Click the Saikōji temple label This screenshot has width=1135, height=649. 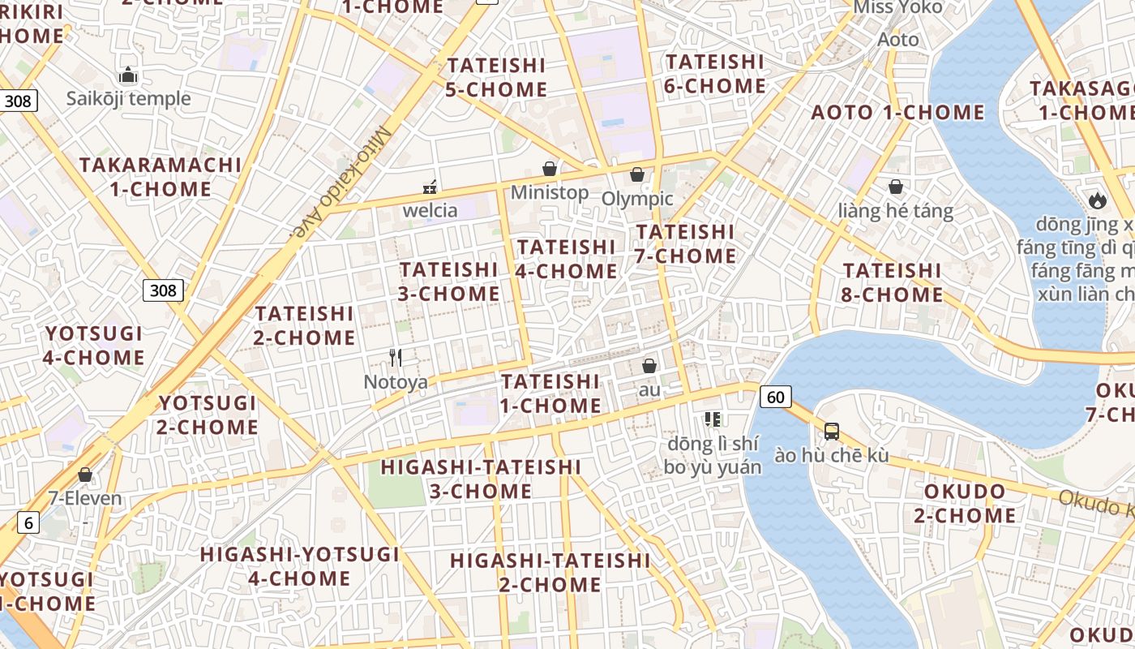click(128, 99)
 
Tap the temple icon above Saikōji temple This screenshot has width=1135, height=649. click(128, 75)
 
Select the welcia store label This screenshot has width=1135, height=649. click(430, 211)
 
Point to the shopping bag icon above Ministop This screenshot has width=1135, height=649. click(550, 169)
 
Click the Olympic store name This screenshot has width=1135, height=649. click(637, 199)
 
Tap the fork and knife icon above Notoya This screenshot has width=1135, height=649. click(396, 358)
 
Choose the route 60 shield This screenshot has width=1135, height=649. click(776, 397)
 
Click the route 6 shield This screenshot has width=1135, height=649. click(28, 523)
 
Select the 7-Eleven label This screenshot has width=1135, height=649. click(85, 498)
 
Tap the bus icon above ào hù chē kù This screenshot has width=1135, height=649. click(832, 432)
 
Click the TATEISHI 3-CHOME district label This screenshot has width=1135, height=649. click(449, 281)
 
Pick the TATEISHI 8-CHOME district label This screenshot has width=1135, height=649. click(892, 282)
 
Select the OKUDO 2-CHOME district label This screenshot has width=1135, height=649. click(965, 503)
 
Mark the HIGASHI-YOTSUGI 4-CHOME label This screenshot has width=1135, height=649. click(300, 566)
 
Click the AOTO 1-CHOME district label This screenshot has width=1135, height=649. click(897, 112)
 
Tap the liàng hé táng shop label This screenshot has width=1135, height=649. click(896, 212)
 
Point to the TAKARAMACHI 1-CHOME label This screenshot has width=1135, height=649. click(161, 177)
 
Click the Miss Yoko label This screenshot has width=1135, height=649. click(898, 8)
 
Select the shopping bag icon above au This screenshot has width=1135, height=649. click(649, 366)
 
